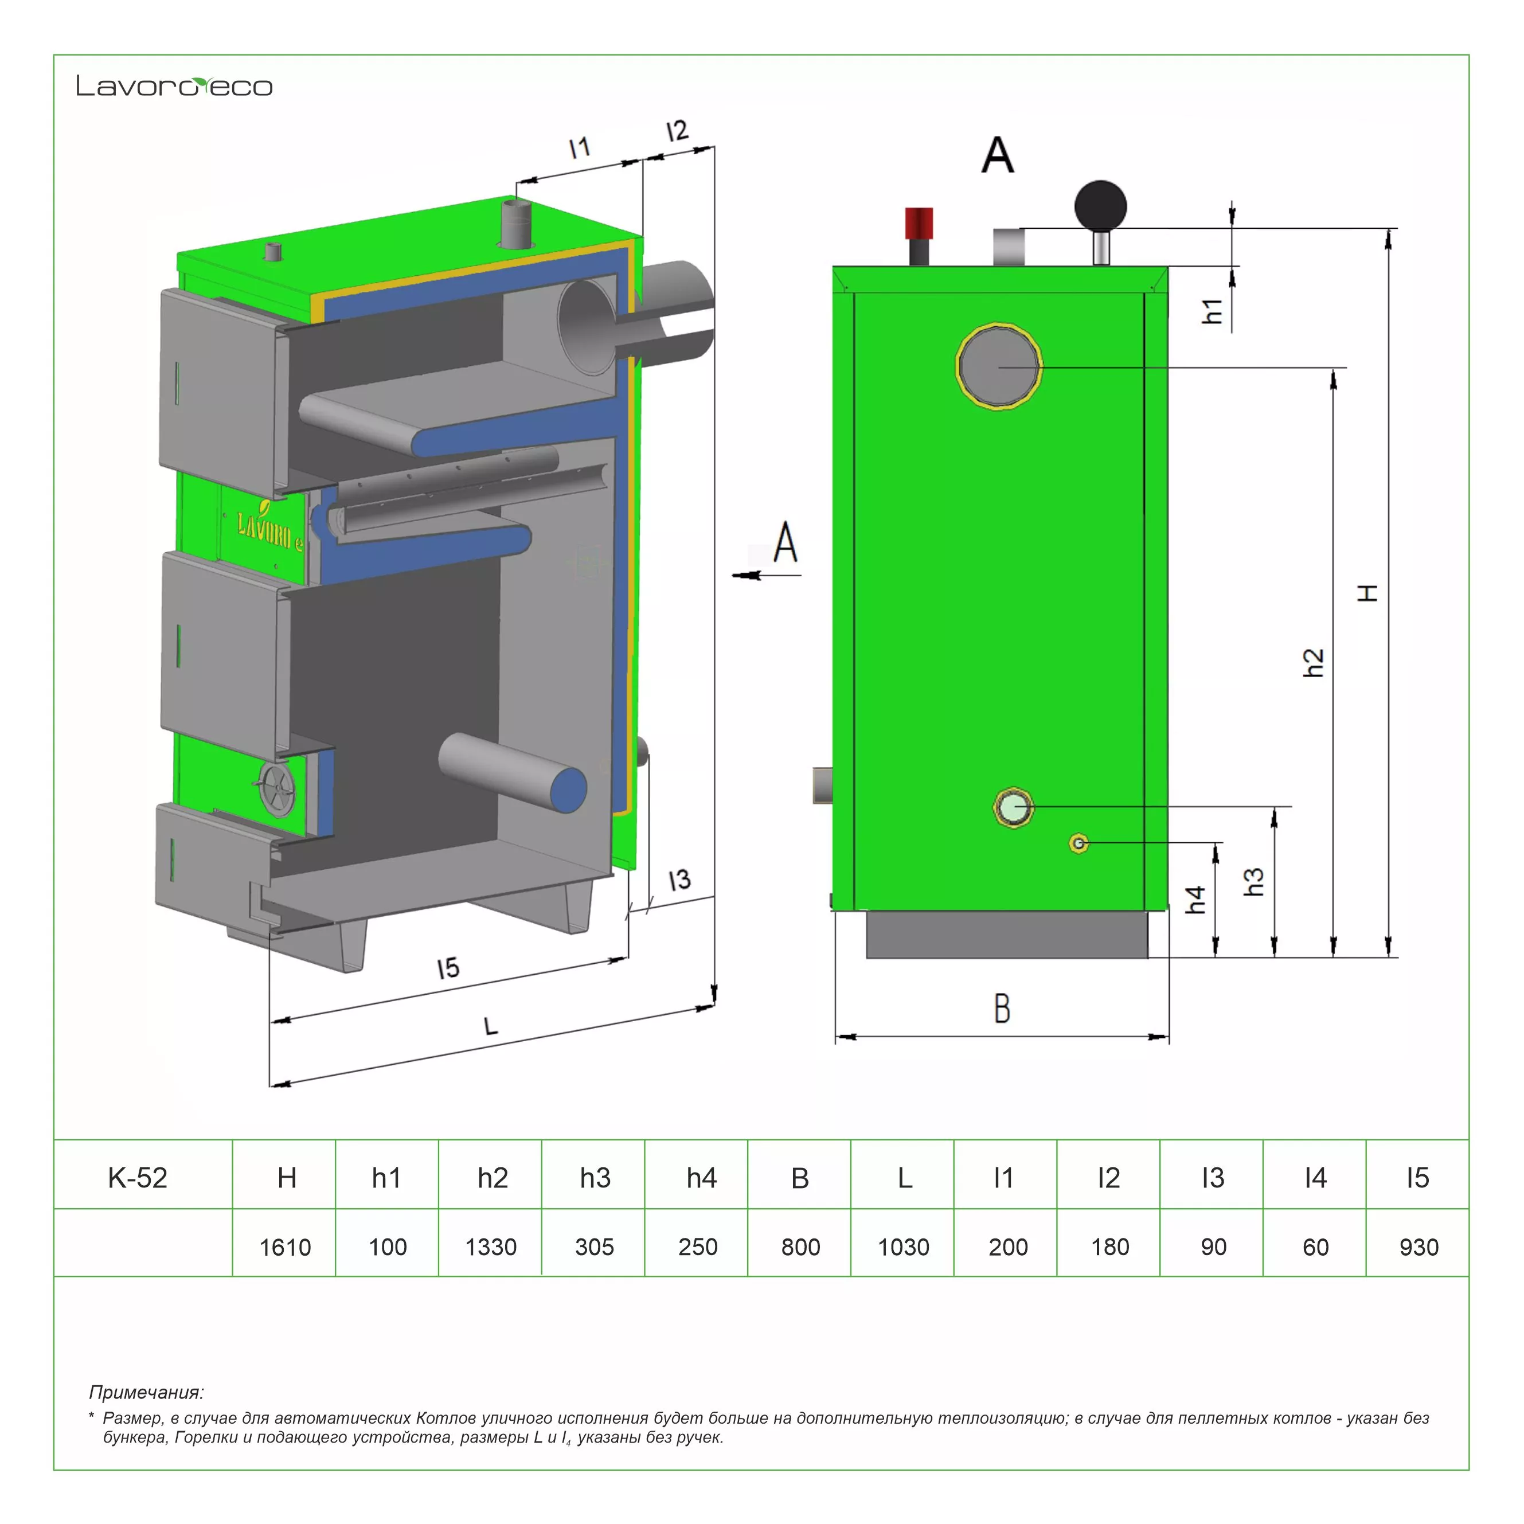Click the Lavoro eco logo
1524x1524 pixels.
click(x=174, y=86)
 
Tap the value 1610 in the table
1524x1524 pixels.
click(x=285, y=1247)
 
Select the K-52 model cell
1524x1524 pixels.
click(x=138, y=1178)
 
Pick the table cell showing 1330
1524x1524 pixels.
click(x=491, y=1247)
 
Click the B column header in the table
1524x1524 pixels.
click(x=800, y=1178)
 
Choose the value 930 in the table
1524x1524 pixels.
click(x=1419, y=1247)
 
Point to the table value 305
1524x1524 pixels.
click(x=594, y=1247)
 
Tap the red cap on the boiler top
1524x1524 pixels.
click(x=919, y=222)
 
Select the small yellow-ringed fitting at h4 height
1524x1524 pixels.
click(x=1079, y=844)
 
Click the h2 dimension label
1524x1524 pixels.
click(x=1312, y=663)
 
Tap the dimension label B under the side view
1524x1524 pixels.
click(x=1002, y=1008)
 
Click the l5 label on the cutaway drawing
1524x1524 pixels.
click(x=448, y=968)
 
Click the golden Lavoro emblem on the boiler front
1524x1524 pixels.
click(x=268, y=529)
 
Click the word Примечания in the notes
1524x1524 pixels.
click(x=146, y=1392)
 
